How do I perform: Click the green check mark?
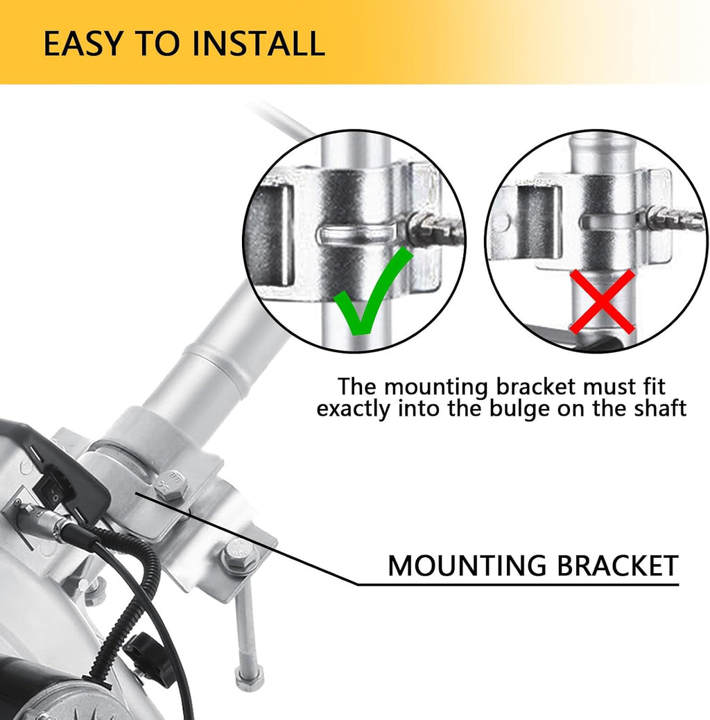point(373,290)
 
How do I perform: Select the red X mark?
point(602,301)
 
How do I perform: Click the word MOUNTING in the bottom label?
point(467,565)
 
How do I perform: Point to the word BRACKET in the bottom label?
point(618,565)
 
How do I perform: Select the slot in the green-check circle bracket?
point(356,234)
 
